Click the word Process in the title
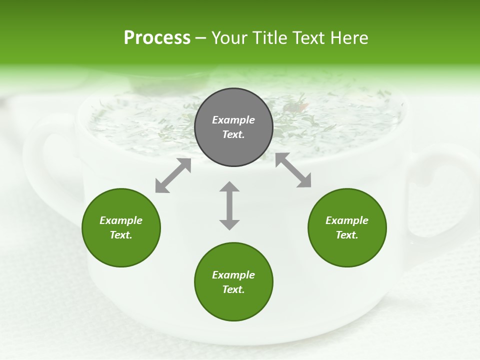coord(157,38)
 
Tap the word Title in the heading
coord(271,38)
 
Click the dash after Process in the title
coord(200,38)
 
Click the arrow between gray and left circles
coord(173,175)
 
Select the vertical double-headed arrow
coord(229,205)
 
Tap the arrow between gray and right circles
coord(293,170)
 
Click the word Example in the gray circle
coord(233,120)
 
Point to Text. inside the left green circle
coord(121,235)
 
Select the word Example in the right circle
coord(347,220)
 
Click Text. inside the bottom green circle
coord(233,289)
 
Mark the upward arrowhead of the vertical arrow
coord(229,187)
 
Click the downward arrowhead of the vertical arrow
coord(229,224)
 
